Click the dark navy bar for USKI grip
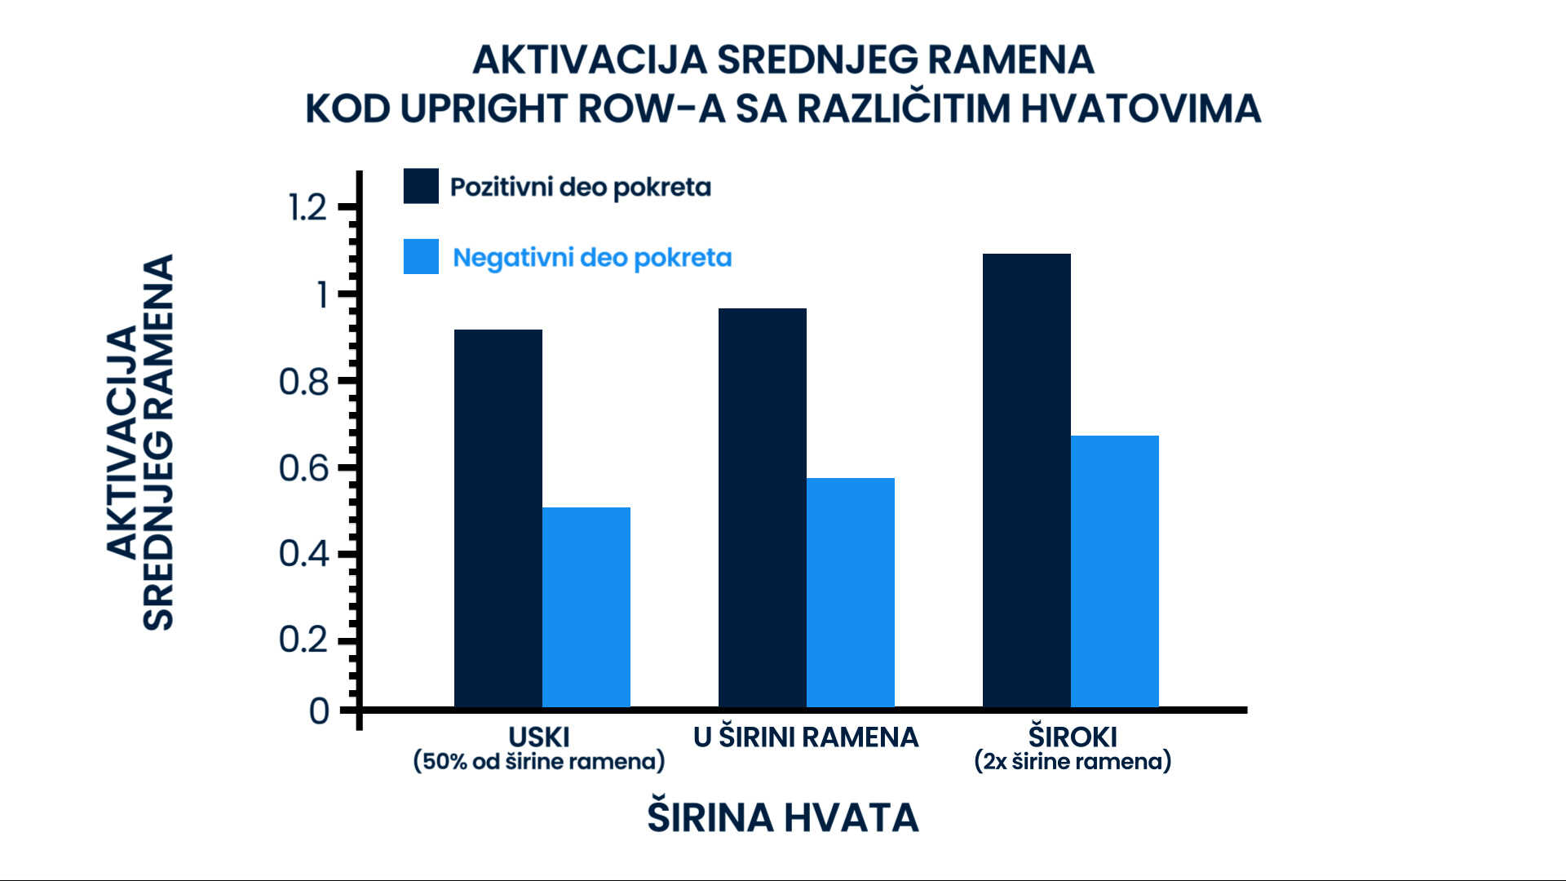(498, 518)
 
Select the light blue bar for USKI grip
(586, 607)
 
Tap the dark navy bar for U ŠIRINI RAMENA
(763, 507)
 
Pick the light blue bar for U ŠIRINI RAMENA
(851, 592)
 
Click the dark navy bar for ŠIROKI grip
(1027, 480)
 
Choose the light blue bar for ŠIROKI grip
(1115, 571)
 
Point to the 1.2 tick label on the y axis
(307, 207)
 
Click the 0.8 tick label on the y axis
(303, 381)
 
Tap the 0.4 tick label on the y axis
(303, 553)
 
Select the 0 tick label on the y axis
(319, 711)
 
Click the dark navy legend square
(421, 186)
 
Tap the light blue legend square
(421, 256)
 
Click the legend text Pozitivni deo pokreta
(581, 187)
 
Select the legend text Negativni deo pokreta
(592, 257)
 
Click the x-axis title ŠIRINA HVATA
(783, 817)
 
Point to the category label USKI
(539, 737)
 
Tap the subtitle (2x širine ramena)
(1073, 761)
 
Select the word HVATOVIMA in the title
(1140, 108)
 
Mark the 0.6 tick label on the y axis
(303, 467)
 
